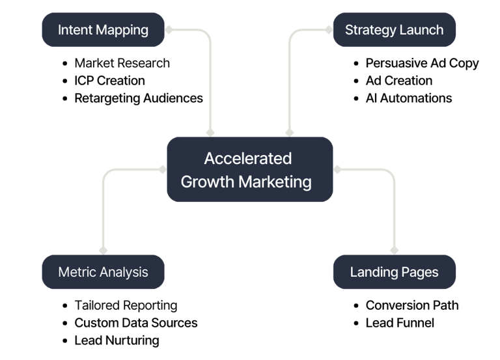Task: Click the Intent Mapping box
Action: [103, 30]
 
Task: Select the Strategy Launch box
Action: [394, 30]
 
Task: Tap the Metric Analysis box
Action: [103, 272]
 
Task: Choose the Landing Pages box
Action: [394, 272]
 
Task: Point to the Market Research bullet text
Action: [122, 63]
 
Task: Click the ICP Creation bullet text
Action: [109, 81]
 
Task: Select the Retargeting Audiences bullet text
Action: [138, 98]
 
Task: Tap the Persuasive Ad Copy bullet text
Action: [422, 63]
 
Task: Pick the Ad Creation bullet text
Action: [398, 81]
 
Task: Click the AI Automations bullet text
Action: [408, 98]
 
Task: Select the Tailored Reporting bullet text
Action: [125, 305]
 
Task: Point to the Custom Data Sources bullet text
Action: [135, 322]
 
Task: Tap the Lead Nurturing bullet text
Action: [117, 340]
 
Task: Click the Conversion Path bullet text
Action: [411, 305]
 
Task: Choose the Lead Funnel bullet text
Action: [399, 322]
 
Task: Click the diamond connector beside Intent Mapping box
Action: [169, 30]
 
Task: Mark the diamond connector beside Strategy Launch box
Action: [329, 30]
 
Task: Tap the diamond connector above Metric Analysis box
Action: [103, 250]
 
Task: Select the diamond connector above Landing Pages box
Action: [394, 250]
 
